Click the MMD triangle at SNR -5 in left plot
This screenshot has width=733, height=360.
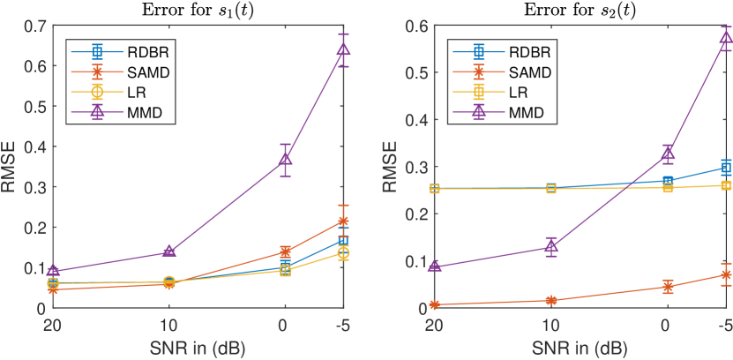click(x=343, y=49)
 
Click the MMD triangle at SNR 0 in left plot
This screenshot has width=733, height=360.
click(x=285, y=160)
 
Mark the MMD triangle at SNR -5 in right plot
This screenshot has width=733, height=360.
click(x=725, y=37)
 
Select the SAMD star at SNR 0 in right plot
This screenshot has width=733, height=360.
click(x=668, y=287)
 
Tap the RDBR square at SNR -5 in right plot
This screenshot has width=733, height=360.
click(x=725, y=168)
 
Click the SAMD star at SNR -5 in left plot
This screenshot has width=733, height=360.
click(x=343, y=221)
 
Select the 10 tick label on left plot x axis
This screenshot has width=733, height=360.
click(x=168, y=324)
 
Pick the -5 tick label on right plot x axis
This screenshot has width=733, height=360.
click(x=724, y=324)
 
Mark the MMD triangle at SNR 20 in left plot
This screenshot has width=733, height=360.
click(x=53, y=272)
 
